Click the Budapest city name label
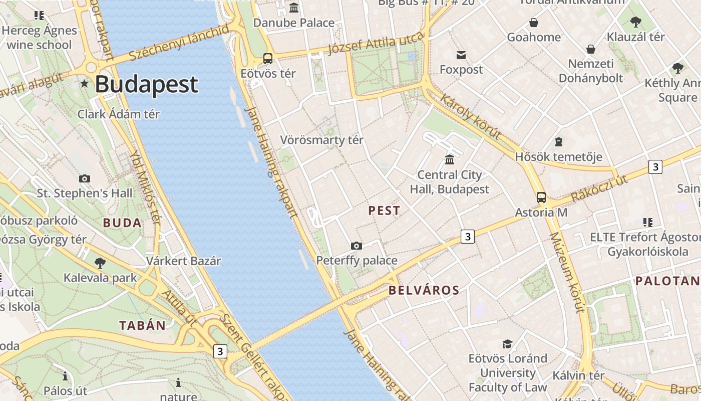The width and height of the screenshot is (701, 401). (146, 84)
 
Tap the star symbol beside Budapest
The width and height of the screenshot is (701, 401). (85, 84)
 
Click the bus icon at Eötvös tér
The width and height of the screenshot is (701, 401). (268, 58)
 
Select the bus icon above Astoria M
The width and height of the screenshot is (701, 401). (541, 197)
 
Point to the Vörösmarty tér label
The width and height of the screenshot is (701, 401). (321, 140)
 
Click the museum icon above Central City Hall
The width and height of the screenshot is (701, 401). (450, 159)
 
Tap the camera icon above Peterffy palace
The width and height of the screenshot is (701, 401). (357, 246)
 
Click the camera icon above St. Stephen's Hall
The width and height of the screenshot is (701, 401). (85, 178)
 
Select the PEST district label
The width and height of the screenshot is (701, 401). (384, 211)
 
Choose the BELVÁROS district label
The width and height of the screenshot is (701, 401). (424, 290)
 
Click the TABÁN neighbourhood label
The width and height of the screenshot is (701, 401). (142, 325)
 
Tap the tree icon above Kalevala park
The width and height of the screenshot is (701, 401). (100, 262)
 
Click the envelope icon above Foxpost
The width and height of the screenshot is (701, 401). (461, 55)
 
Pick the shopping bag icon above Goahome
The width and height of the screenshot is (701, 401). (534, 23)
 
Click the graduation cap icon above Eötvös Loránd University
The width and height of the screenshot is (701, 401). (508, 344)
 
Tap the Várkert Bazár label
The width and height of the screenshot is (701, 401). (183, 261)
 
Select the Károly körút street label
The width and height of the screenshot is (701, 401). (470, 116)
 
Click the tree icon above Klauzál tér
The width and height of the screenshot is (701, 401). (636, 22)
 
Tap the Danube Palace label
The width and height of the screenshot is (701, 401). (294, 23)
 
